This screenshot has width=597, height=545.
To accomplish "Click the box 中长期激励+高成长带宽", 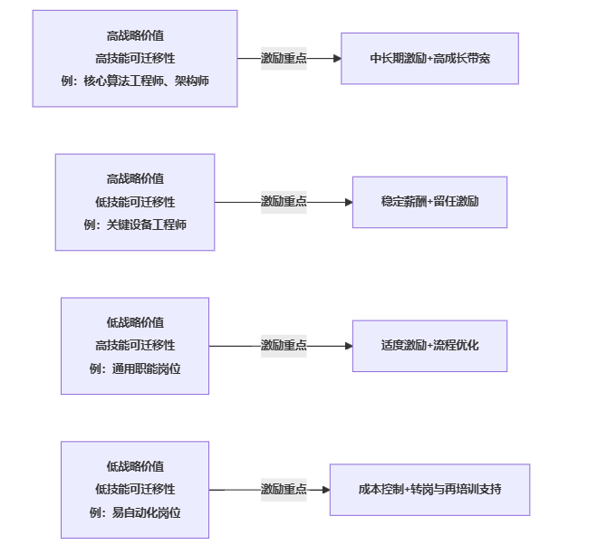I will click(x=429, y=58).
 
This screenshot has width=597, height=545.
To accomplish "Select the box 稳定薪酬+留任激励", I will click(x=429, y=201).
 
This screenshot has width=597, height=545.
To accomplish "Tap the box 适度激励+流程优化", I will click(x=429, y=345).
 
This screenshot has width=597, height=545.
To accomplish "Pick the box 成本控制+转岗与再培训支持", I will click(x=429, y=489).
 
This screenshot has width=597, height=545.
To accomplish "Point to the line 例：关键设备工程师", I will click(x=135, y=224).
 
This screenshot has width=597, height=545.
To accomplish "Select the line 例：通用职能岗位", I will click(x=135, y=368).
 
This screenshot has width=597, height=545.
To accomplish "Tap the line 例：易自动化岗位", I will click(x=135, y=512).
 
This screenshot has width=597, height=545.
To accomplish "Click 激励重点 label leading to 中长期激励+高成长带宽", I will click(x=284, y=58).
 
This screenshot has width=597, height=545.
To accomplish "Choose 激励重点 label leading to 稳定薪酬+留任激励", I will click(x=284, y=201).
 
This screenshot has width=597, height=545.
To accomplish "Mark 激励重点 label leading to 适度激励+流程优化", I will click(x=284, y=345).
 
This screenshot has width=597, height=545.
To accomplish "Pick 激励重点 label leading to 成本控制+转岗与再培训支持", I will click(x=284, y=489).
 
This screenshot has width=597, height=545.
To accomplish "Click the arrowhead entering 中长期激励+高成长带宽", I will click(x=336, y=58).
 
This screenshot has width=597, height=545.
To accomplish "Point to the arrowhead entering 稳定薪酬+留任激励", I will click(x=347, y=201).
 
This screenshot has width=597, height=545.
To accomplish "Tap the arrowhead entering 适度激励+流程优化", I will click(x=347, y=345).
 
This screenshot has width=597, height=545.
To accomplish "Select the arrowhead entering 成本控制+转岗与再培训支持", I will click(x=324, y=489).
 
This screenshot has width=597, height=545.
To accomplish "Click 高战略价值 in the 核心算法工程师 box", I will click(x=135, y=35).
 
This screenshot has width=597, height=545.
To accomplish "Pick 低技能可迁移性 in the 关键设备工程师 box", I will click(x=135, y=201).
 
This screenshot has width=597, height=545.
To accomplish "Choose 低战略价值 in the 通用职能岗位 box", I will click(x=135, y=322).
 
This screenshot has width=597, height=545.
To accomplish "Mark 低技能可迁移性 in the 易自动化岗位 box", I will click(x=135, y=489).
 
